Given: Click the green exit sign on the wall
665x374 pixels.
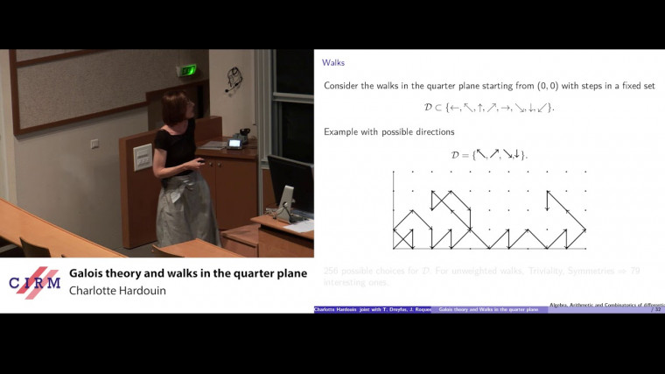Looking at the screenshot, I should pyautogui.click(x=186, y=70).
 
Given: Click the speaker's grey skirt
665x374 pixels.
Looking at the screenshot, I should pyautogui.click(x=183, y=207).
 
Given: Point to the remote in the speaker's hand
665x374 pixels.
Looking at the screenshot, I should pyautogui.click(x=203, y=161).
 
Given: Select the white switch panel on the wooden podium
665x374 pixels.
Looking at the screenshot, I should pyautogui.click(x=143, y=158).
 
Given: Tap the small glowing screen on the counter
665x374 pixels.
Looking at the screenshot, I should pyautogui.click(x=234, y=143).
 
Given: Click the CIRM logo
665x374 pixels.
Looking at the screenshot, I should pyautogui.click(x=34, y=283).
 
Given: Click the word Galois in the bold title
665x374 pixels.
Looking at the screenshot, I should pyautogui.click(x=92, y=273).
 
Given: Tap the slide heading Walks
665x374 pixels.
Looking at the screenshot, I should pyautogui.click(x=333, y=63).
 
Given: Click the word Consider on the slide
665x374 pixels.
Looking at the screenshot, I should pyautogui.click(x=345, y=86).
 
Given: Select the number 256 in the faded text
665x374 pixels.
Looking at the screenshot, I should pyautogui.click(x=332, y=271).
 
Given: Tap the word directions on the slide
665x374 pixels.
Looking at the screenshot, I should pyautogui.click(x=430, y=131).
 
